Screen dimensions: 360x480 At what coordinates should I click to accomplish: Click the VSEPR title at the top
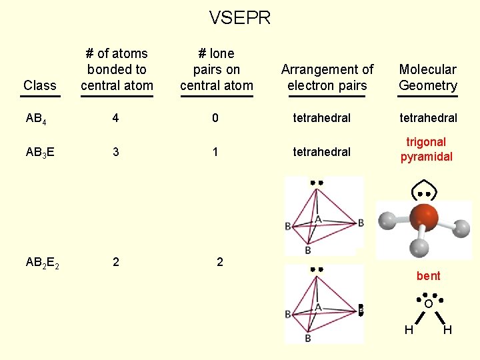pyautogui.click(x=240, y=18)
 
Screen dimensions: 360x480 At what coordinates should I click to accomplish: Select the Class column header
pyautogui.click(x=40, y=85)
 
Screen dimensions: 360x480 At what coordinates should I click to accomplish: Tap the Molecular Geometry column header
pyautogui.click(x=428, y=77)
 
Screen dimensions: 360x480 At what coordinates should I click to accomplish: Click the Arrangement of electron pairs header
pyautogui.click(x=327, y=77)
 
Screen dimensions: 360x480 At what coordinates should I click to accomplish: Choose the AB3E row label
pyautogui.click(x=40, y=152)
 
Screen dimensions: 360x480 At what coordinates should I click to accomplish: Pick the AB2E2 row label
pyautogui.click(x=43, y=263)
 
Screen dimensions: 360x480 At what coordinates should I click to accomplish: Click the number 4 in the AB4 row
pyautogui.click(x=116, y=118)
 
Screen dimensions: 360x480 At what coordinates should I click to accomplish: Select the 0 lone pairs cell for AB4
pyautogui.click(x=215, y=118)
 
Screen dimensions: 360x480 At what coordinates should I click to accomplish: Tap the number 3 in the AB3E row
pyautogui.click(x=116, y=152)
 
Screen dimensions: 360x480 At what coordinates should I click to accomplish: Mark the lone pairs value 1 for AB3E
pyautogui.click(x=215, y=152)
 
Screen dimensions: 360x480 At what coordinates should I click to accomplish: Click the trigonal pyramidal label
pyautogui.click(x=427, y=149)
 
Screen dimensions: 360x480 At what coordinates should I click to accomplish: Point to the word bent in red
pyautogui.click(x=428, y=276)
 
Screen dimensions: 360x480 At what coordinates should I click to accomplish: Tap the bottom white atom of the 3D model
pyautogui.click(x=419, y=247)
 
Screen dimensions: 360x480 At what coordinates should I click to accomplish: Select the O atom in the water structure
pyautogui.click(x=428, y=304)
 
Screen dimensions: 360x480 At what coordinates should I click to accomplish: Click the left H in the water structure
pyautogui.click(x=409, y=330)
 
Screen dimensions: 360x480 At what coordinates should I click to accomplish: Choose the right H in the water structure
pyautogui.click(x=447, y=330)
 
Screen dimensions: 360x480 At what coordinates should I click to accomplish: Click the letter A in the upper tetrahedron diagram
pyautogui.click(x=318, y=219)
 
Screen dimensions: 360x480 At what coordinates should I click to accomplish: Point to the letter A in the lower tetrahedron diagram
pyautogui.click(x=318, y=307)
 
